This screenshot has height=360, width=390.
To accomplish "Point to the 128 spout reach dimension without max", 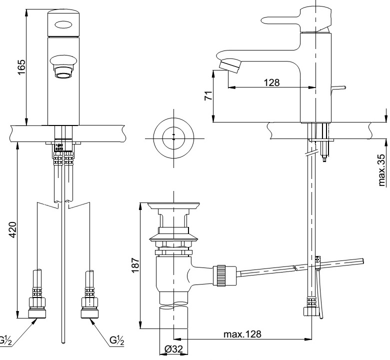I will pyautogui.click(x=272, y=82).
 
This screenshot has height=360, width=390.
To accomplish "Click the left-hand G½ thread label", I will pyautogui.click(x=5, y=340).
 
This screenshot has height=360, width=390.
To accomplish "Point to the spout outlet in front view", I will pyautogui.click(x=63, y=75).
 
